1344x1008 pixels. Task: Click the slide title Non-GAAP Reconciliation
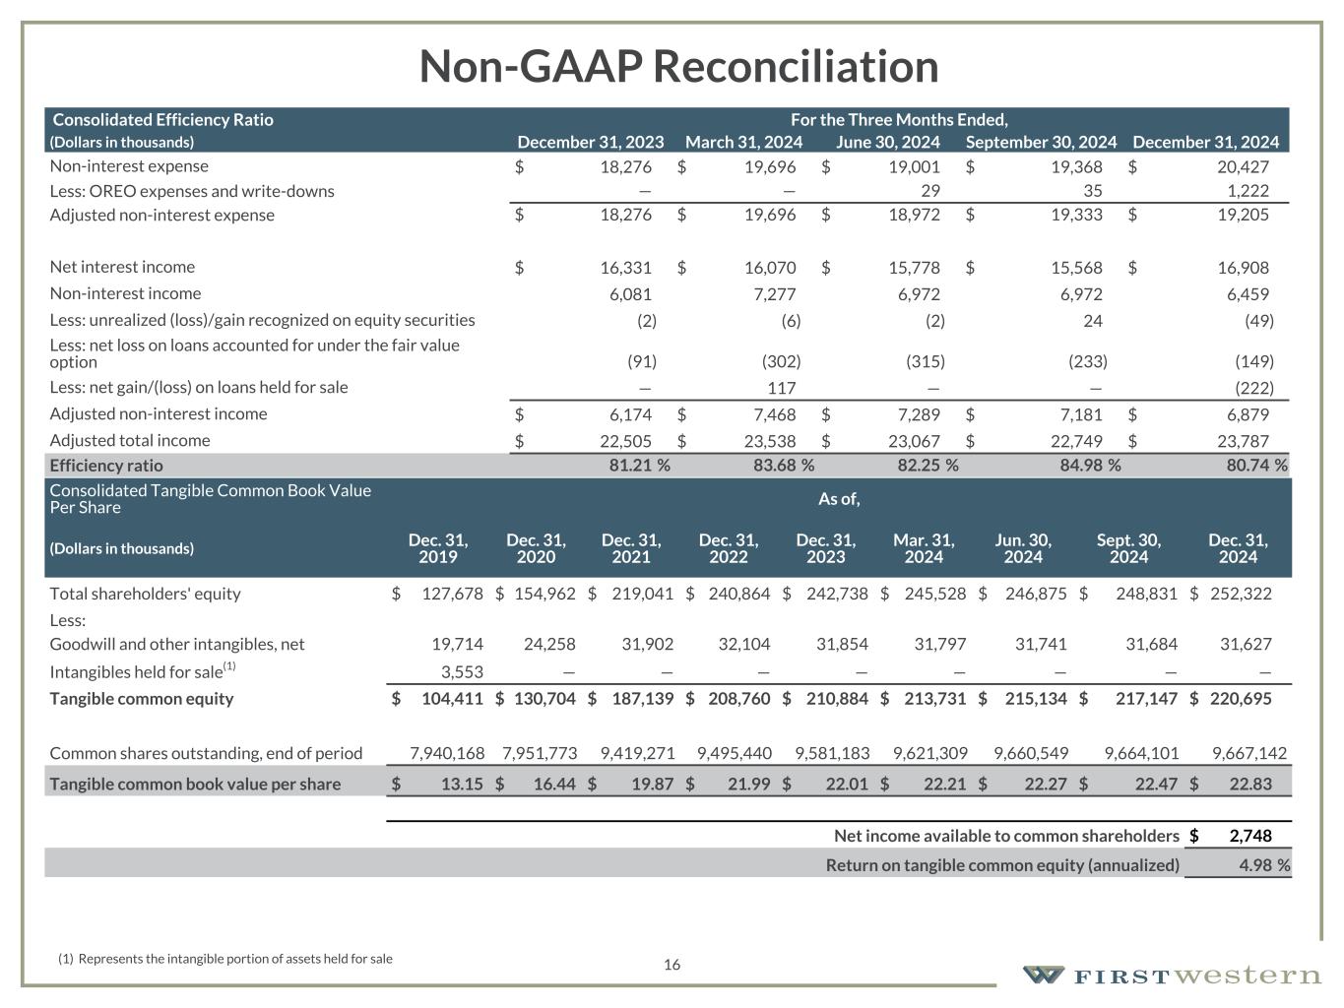(678, 67)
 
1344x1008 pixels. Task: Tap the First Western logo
(1172, 976)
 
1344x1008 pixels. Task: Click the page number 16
(672, 965)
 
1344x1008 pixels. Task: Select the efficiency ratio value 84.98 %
(1089, 466)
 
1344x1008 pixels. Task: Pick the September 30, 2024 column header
(1041, 143)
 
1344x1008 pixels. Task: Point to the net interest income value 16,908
(1244, 268)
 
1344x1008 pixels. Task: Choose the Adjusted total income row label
(130, 441)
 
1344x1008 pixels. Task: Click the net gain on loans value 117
(782, 388)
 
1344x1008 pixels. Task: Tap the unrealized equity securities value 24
(1092, 321)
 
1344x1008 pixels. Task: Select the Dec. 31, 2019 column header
(438, 548)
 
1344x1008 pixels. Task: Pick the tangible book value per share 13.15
(460, 785)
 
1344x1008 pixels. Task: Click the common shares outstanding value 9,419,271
(637, 754)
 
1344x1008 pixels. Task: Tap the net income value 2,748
(1250, 836)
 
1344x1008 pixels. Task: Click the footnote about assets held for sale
(225, 959)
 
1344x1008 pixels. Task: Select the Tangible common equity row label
(142, 699)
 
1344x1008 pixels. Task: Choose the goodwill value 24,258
(549, 645)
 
